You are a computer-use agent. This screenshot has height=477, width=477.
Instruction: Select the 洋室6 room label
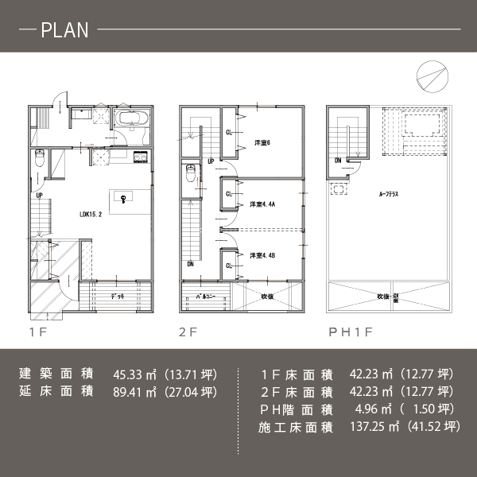coord(263,143)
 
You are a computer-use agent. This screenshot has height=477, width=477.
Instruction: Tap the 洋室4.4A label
coord(262,204)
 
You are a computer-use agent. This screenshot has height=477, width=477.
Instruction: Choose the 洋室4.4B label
coord(262,256)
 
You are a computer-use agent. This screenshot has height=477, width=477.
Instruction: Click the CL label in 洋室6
coord(230,132)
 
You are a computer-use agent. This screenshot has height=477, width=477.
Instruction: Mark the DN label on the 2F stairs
coord(190,265)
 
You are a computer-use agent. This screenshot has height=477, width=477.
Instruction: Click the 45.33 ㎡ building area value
coord(133,374)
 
